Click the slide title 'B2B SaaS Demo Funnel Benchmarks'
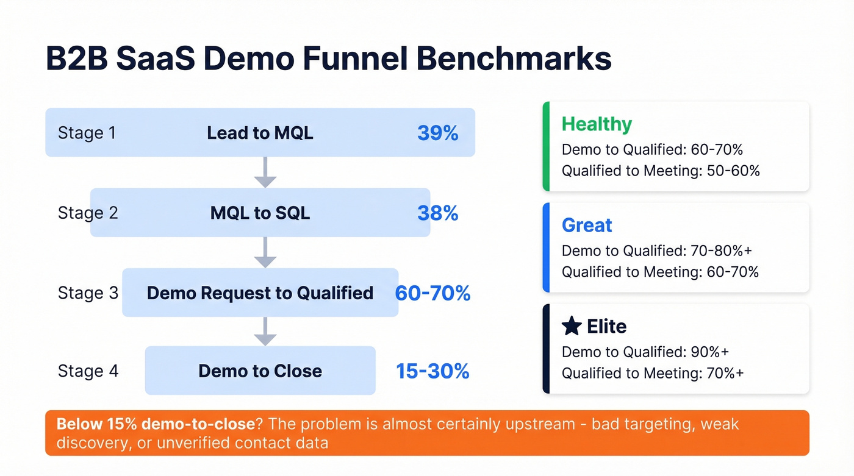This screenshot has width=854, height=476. [x=328, y=59]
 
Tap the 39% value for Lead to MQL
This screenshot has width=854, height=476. [x=437, y=133]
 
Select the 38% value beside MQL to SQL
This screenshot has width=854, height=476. [x=437, y=213]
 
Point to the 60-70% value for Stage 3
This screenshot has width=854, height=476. [x=432, y=293]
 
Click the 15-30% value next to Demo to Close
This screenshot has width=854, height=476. [x=432, y=371]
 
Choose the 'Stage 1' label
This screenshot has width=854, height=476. [x=87, y=133]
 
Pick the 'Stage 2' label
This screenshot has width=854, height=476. [x=88, y=213]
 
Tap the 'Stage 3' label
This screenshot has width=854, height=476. [x=88, y=293]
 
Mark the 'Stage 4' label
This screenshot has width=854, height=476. [x=88, y=371]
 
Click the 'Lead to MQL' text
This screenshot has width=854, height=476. [x=260, y=133]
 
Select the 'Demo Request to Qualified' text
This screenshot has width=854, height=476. [x=260, y=293]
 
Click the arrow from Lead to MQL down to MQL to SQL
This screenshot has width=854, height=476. [x=265, y=172]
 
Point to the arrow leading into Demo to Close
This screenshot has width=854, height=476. [x=265, y=332]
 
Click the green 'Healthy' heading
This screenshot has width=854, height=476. [x=597, y=124]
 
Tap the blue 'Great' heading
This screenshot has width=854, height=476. [x=587, y=226]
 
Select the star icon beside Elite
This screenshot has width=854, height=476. [x=572, y=326]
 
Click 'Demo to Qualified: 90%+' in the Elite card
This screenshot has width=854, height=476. [x=645, y=352]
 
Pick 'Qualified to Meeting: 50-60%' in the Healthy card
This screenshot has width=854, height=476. [x=661, y=171]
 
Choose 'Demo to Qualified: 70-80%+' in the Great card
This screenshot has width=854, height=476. [x=653, y=251]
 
